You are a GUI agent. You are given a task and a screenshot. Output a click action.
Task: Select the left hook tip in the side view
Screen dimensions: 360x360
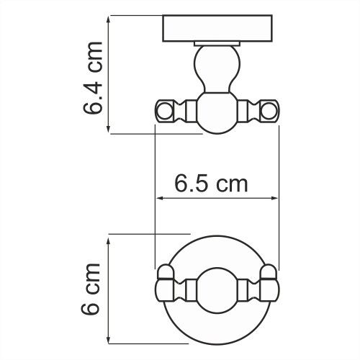pos(165,110)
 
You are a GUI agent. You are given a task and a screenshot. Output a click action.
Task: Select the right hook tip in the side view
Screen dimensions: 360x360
pos(269,110)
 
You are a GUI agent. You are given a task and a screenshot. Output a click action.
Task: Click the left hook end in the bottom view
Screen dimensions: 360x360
pos(165,287)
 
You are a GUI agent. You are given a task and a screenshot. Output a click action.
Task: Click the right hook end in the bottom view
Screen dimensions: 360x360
pos(269,287)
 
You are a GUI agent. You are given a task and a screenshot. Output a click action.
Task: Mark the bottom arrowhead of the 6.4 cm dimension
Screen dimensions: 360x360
pos(108,129)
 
